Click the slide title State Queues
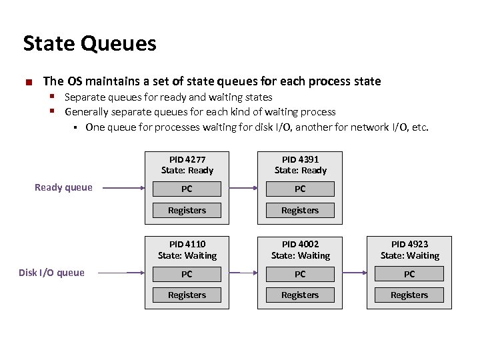(89, 44)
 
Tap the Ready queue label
(63, 187)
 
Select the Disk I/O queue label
(51, 272)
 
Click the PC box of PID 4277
(187, 189)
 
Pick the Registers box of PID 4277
(187, 210)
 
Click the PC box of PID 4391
(300, 189)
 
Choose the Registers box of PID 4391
(300, 210)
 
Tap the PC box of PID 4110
(187, 273)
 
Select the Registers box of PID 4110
(187, 295)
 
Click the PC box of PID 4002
(300, 273)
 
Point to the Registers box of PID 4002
(300, 295)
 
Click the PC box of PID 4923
(409, 273)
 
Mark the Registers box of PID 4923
(409, 295)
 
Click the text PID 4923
(409, 245)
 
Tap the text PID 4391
(300, 159)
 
